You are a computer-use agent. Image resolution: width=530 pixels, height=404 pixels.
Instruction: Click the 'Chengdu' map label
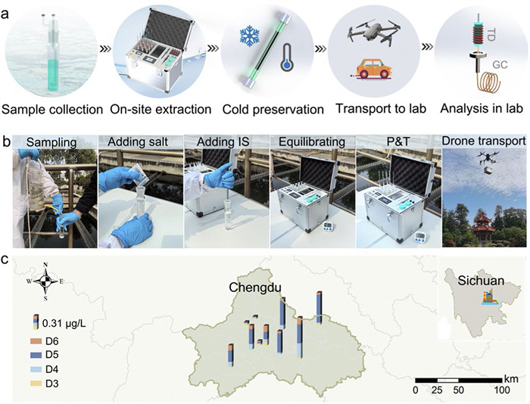255,288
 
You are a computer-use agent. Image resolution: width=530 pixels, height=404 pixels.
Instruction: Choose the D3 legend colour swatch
36,384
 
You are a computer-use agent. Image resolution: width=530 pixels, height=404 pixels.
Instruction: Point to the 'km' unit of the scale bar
512,377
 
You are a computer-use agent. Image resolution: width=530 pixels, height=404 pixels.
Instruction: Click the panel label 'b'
7,141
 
